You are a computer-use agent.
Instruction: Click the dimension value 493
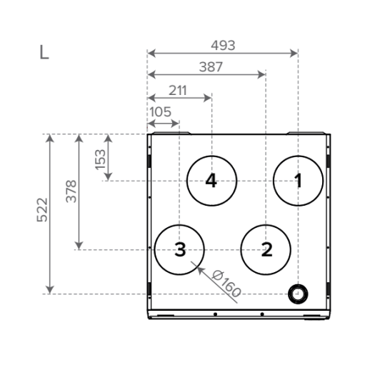[223, 45]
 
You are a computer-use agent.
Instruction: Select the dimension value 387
[211, 67]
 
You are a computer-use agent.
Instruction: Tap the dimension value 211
[178, 91]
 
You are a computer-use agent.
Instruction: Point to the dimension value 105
[160, 111]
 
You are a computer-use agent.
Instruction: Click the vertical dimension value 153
[100, 159]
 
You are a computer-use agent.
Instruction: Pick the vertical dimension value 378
[71, 191]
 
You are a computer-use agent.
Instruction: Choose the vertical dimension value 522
[42, 210]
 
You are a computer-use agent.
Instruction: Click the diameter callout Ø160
[226, 284]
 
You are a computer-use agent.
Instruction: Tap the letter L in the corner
[44, 52]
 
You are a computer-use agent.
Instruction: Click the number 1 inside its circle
[298, 181]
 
